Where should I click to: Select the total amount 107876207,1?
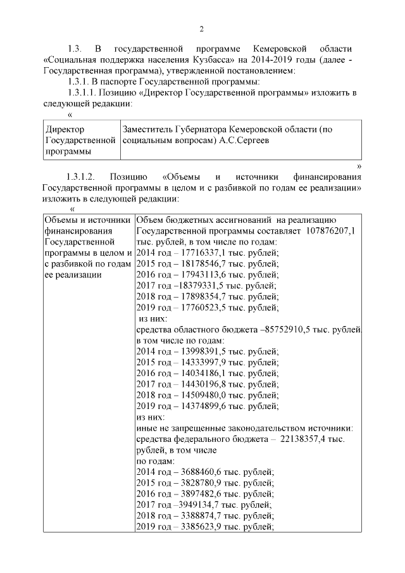(330, 232)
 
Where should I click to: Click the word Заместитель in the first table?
(150, 129)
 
